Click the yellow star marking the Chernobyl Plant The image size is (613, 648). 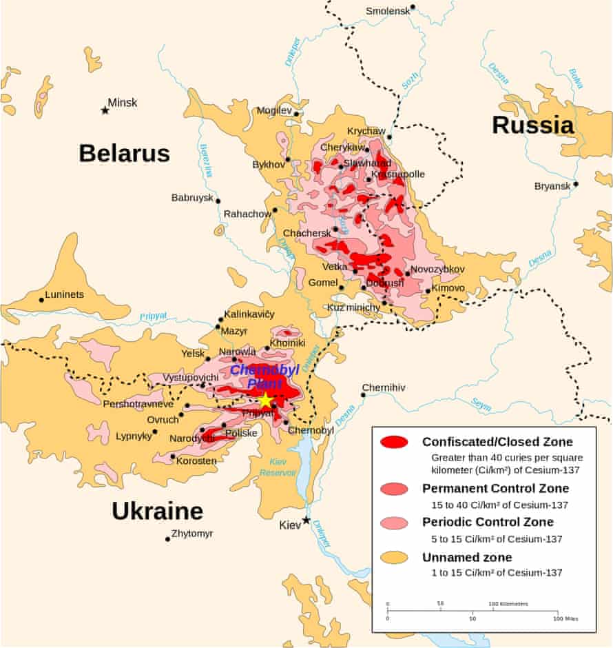click(x=266, y=401)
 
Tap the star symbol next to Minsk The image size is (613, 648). click(x=105, y=110)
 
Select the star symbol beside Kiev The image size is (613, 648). click(x=306, y=520)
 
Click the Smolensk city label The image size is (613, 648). click(x=386, y=11)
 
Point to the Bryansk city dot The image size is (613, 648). click(x=575, y=184)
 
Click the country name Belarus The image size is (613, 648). click(x=124, y=153)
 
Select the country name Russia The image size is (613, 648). click(x=532, y=125)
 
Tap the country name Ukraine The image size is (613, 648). click(x=157, y=511)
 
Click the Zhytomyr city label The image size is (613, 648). click(x=192, y=534)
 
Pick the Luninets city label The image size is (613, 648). click(x=64, y=294)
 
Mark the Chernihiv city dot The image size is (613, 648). click(x=364, y=395)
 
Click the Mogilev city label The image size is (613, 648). click(x=274, y=110)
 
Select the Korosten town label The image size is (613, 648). click(x=197, y=460)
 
